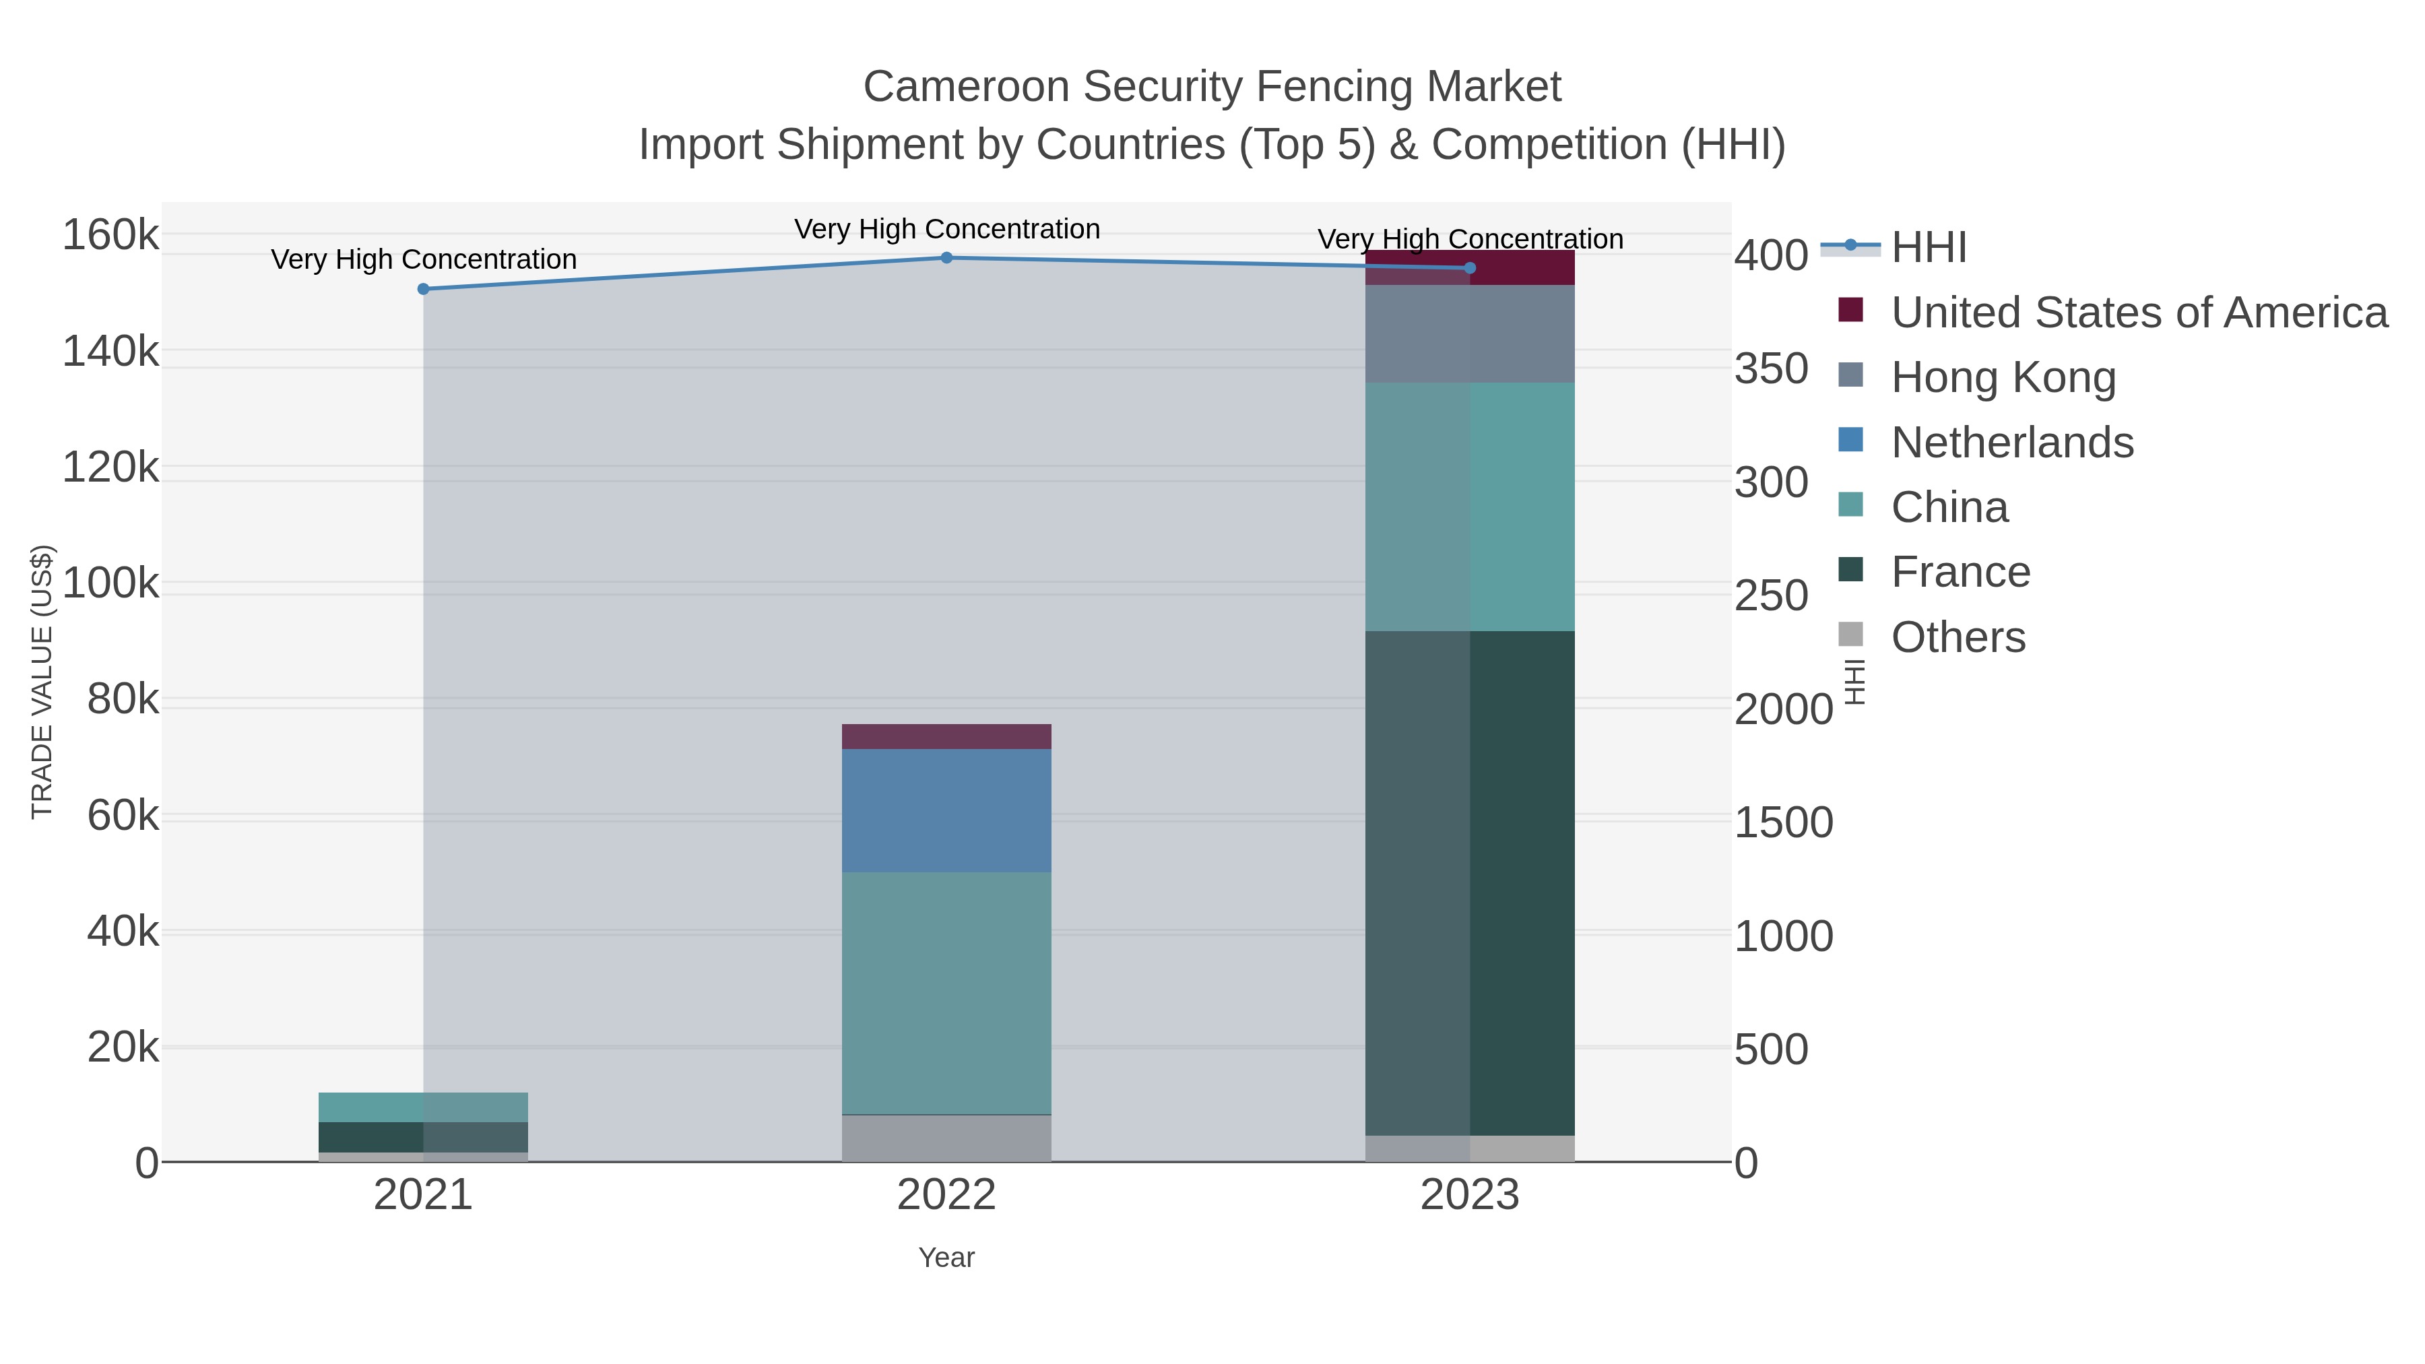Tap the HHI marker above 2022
(946, 258)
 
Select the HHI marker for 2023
(1470, 268)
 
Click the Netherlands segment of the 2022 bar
(946, 810)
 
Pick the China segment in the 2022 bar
(946, 993)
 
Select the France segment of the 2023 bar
(1470, 883)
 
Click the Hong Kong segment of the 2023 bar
(1470, 333)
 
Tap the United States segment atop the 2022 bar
(946, 736)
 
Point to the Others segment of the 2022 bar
(946, 1138)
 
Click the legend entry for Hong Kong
(2003, 377)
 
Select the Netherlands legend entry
(2011, 443)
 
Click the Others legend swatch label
(1958, 637)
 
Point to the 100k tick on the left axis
(110, 583)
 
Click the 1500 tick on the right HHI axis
(1783, 822)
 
